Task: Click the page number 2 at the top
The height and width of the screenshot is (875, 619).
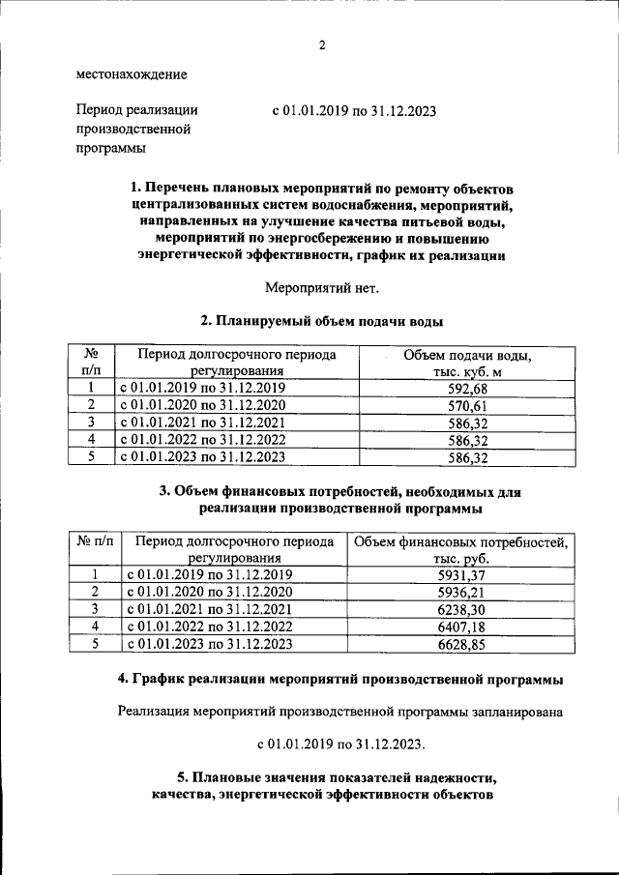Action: coord(322,44)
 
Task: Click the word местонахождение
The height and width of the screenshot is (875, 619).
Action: coord(132,74)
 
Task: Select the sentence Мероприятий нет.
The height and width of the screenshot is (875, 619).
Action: coord(322,287)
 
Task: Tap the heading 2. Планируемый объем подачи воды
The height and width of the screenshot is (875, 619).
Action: coord(322,321)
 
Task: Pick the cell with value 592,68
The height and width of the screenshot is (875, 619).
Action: coord(468,389)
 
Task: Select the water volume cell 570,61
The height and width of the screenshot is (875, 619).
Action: coord(468,406)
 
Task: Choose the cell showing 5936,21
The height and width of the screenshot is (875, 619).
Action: coord(460,592)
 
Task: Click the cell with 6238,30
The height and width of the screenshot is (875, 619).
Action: coord(460,609)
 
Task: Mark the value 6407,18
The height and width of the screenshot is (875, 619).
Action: coord(460,627)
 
